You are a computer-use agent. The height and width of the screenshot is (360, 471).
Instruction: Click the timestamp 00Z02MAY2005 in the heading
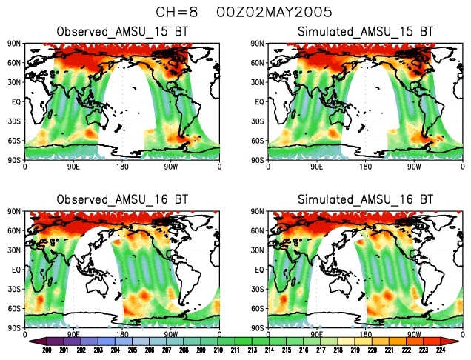[x=264, y=12]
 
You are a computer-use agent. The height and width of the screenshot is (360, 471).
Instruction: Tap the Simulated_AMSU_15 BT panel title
[x=365, y=32]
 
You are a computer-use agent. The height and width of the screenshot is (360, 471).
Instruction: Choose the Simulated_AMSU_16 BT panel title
[x=365, y=200]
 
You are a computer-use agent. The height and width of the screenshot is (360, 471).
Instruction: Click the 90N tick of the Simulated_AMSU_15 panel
[x=258, y=44]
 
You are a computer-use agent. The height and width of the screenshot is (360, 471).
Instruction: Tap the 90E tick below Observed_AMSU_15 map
[x=73, y=166]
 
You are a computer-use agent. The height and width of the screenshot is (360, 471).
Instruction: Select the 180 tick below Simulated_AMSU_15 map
[x=365, y=166]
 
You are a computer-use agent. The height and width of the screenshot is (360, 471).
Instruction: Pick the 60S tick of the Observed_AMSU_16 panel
[x=16, y=308]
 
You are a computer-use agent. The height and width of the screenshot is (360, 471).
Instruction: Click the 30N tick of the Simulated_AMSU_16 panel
[x=258, y=250]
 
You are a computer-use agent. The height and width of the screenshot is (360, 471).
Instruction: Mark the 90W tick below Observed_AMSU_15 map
[x=170, y=166]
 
